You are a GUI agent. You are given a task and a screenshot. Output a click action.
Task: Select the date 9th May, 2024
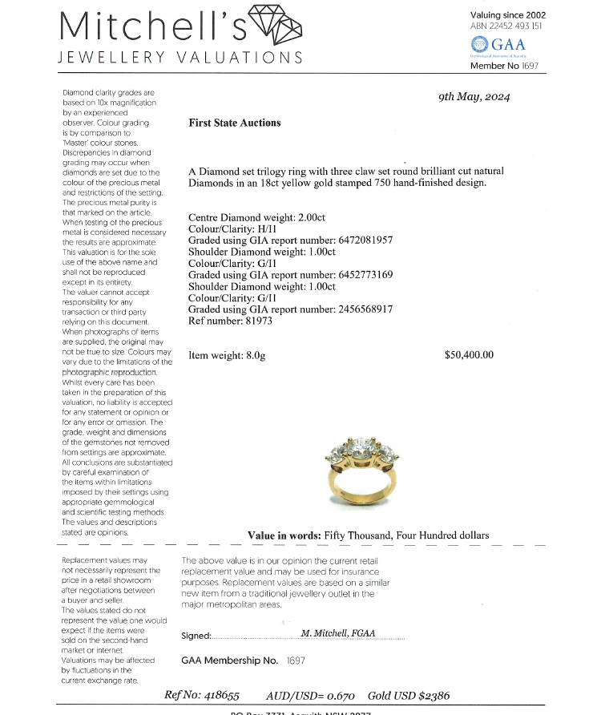tap(474, 97)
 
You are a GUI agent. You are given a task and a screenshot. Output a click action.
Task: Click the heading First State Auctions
tap(234, 123)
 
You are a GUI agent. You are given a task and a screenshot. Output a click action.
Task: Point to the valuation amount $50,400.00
tap(469, 354)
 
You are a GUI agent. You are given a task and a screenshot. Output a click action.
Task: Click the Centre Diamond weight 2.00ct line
tap(256, 217)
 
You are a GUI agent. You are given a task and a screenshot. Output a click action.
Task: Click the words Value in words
tap(284, 535)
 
